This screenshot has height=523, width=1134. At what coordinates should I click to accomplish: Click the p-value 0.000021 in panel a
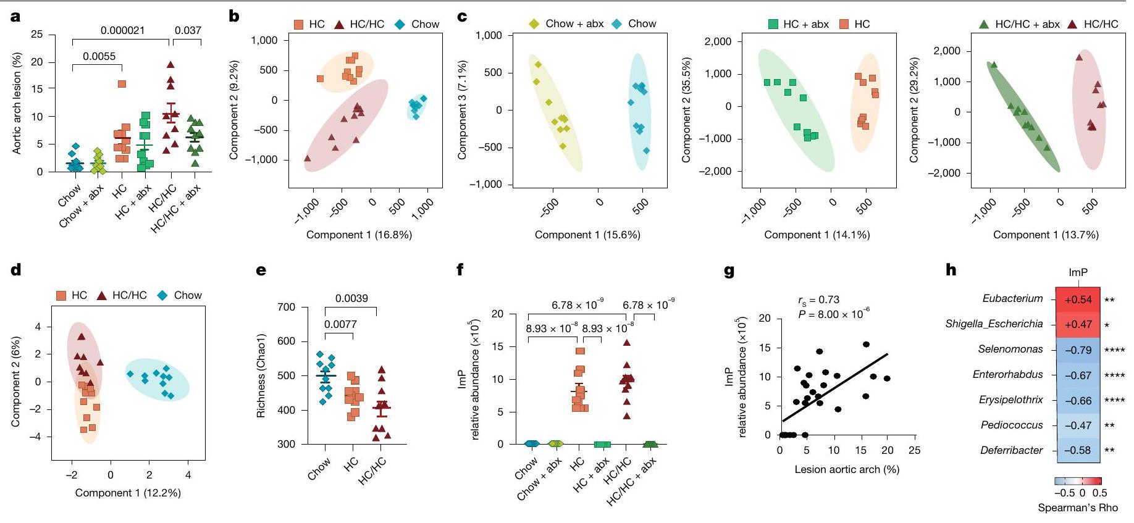pos(123,30)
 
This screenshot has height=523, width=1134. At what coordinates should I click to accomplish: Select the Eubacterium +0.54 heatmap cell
pos(1078,299)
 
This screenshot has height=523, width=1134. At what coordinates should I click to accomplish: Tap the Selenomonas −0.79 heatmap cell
pos(1078,350)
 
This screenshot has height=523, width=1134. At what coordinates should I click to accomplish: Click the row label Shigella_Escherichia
pos(994,324)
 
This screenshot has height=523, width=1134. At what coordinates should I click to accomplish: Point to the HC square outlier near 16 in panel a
pos(122,84)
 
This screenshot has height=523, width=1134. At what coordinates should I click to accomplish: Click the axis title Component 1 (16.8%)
pos(359,235)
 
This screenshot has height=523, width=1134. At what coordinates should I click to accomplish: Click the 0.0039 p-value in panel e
pos(351,298)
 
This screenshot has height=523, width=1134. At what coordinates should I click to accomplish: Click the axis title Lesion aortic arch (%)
pos(847,469)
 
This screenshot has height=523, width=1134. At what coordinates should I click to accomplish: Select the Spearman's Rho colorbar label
pos(1078,508)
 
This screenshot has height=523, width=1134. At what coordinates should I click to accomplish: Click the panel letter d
pos(16,270)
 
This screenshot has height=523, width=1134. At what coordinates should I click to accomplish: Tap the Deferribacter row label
pos(1011,450)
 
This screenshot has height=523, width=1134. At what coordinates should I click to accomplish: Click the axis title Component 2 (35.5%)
pos(686,111)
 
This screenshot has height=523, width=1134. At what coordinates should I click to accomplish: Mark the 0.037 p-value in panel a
pos(188,30)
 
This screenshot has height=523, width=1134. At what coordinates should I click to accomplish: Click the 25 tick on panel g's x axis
pos(915,451)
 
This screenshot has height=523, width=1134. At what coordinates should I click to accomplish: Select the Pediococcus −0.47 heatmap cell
pos(1078,425)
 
